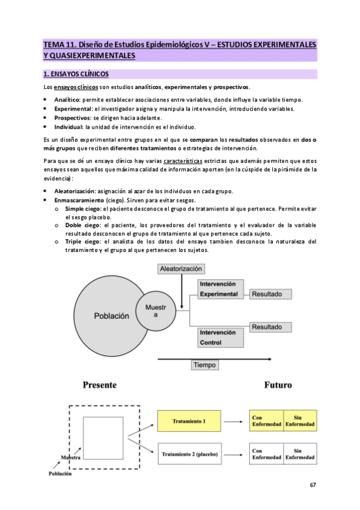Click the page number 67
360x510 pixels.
tap(313, 485)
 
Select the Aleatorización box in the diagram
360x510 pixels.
tap(180, 269)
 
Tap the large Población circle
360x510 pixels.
tap(111, 315)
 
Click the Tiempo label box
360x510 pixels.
tap(205, 365)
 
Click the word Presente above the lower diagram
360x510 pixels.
tap(99, 385)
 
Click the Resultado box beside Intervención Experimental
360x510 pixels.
tap(270, 295)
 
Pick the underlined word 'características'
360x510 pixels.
tap(186, 162)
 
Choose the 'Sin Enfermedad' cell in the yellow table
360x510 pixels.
tap(299, 422)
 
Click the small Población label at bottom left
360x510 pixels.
tap(59, 473)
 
